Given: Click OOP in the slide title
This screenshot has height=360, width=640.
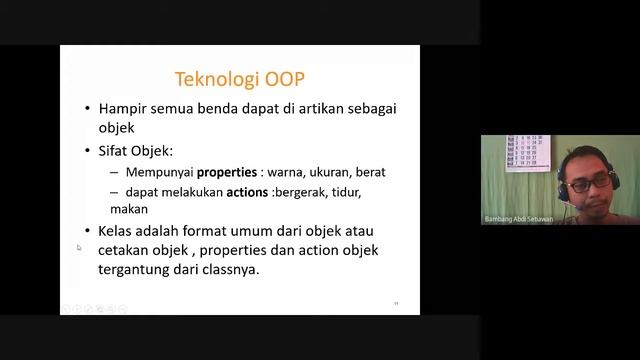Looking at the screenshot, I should point(282,79).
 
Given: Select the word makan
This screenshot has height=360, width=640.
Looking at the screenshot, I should point(130,209).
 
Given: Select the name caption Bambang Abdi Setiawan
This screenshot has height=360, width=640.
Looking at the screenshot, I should point(516,217).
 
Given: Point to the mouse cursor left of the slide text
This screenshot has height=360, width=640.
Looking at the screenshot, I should point(78,248).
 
